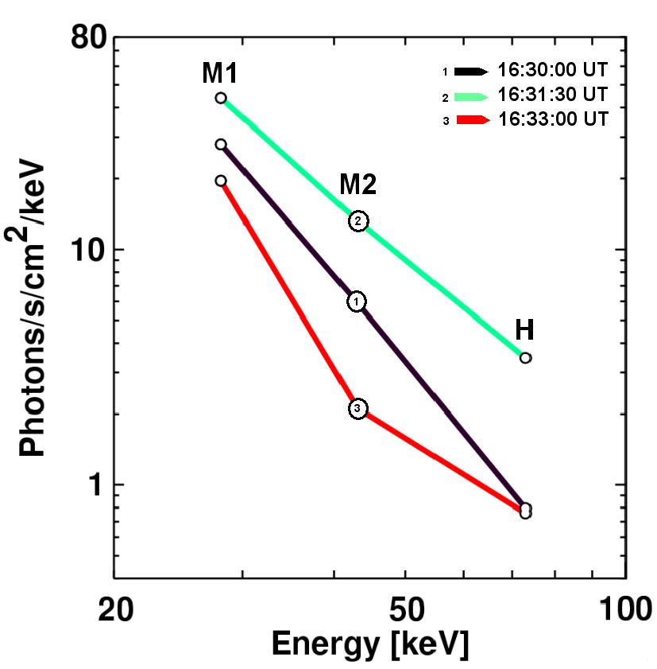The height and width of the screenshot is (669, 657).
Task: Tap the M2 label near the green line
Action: pyautogui.click(x=357, y=185)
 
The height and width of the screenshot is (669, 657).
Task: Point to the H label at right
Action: pyautogui.click(x=524, y=329)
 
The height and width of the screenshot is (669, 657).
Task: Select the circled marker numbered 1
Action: pyautogui.click(x=357, y=301)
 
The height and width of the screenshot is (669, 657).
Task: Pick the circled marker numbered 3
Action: pyautogui.click(x=357, y=408)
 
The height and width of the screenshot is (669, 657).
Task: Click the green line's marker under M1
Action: pyautogui.click(x=221, y=98)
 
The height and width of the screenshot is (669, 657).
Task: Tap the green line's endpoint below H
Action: pyautogui.click(x=525, y=358)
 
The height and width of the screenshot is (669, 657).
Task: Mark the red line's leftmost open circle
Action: pyautogui.click(x=221, y=181)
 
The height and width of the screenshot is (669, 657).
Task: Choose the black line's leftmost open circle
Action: pyautogui.click(x=221, y=144)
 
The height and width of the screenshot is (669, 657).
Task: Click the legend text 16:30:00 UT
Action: pyautogui.click(x=552, y=70)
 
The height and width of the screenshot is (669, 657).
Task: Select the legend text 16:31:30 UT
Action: pyautogui.click(x=552, y=95)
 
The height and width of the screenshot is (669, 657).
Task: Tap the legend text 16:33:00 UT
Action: pyautogui.click(x=552, y=119)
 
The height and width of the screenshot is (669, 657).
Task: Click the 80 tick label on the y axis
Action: pyautogui.click(x=85, y=37)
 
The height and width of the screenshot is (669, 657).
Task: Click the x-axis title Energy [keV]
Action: pyautogui.click(x=369, y=643)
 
